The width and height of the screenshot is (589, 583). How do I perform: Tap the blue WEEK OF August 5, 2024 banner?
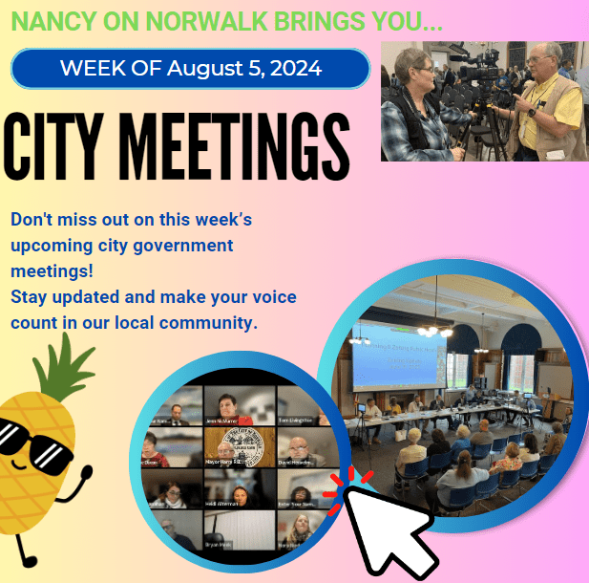(190, 69)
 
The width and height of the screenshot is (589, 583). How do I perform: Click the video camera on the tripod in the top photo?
(473, 72)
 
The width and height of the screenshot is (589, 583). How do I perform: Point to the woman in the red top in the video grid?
(237, 405)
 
